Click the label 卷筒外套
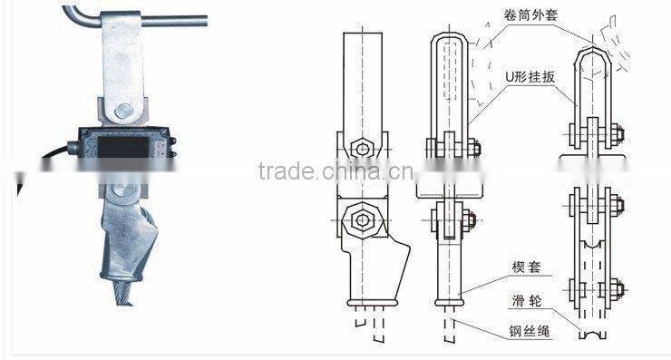tap(530, 15)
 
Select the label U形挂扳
tap(530, 77)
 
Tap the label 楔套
tap(526, 268)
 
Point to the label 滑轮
tap(526, 300)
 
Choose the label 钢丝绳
tap(530, 330)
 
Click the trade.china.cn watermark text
tap(336, 171)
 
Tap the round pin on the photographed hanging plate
tap(124, 112)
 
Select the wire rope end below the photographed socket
tap(122, 293)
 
